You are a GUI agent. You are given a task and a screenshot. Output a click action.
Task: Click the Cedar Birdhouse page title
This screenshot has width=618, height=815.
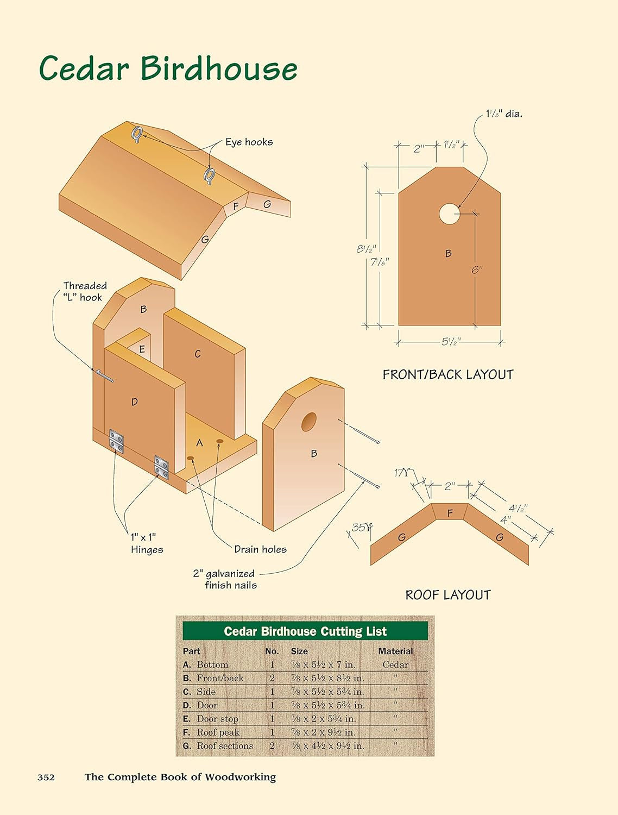pos(168,69)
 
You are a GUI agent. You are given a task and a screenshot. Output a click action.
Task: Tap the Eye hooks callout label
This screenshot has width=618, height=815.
pos(249,142)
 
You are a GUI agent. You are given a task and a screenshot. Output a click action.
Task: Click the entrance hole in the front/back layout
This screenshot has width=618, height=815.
pos(449,214)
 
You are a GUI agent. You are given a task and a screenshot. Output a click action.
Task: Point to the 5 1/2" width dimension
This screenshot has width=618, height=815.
pos(450,342)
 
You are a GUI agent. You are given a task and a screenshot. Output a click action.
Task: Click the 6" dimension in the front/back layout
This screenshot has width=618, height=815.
pos(476,269)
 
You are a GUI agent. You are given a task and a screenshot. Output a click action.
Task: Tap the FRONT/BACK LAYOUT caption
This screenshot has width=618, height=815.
pos(447,374)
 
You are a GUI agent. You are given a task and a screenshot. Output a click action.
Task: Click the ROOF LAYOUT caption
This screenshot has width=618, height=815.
pos(447,595)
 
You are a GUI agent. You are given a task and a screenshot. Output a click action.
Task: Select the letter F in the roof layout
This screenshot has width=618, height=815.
pos(450,513)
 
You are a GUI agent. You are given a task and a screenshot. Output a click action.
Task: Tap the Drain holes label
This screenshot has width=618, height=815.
pos(260,549)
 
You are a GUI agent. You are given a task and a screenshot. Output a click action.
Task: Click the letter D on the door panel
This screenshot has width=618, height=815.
pos(135,402)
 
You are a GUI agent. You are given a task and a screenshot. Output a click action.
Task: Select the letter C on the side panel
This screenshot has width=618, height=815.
pos(198,354)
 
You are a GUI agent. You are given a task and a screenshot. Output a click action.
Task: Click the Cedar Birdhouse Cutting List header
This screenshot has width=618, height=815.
pos(305,631)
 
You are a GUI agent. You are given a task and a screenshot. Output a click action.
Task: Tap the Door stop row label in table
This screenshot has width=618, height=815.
pos(217,719)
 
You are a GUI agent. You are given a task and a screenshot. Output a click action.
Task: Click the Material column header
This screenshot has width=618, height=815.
pos(395,651)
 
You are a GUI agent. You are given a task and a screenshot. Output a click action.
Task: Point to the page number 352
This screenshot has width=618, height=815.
pos(46,777)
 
